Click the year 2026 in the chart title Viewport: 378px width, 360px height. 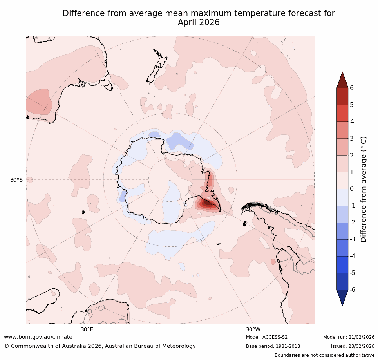(x=210, y=23)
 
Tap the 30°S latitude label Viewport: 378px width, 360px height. (x=16, y=180)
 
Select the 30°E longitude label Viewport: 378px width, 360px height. (x=87, y=330)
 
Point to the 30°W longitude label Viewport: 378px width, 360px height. (x=253, y=330)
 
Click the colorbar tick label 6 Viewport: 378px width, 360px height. (x=352, y=88)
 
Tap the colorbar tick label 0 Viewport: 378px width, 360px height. (x=352, y=189)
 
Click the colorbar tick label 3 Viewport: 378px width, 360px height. (x=352, y=138)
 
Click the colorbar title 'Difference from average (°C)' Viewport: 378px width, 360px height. (x=364, y=189)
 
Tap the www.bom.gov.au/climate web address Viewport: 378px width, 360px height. (x=38, y=337)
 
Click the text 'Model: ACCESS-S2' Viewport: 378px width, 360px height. (x=267, y=337)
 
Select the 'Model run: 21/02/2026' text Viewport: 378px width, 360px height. (x=349, y=337)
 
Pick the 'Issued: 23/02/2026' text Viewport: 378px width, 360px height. (x=353, y=346)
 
